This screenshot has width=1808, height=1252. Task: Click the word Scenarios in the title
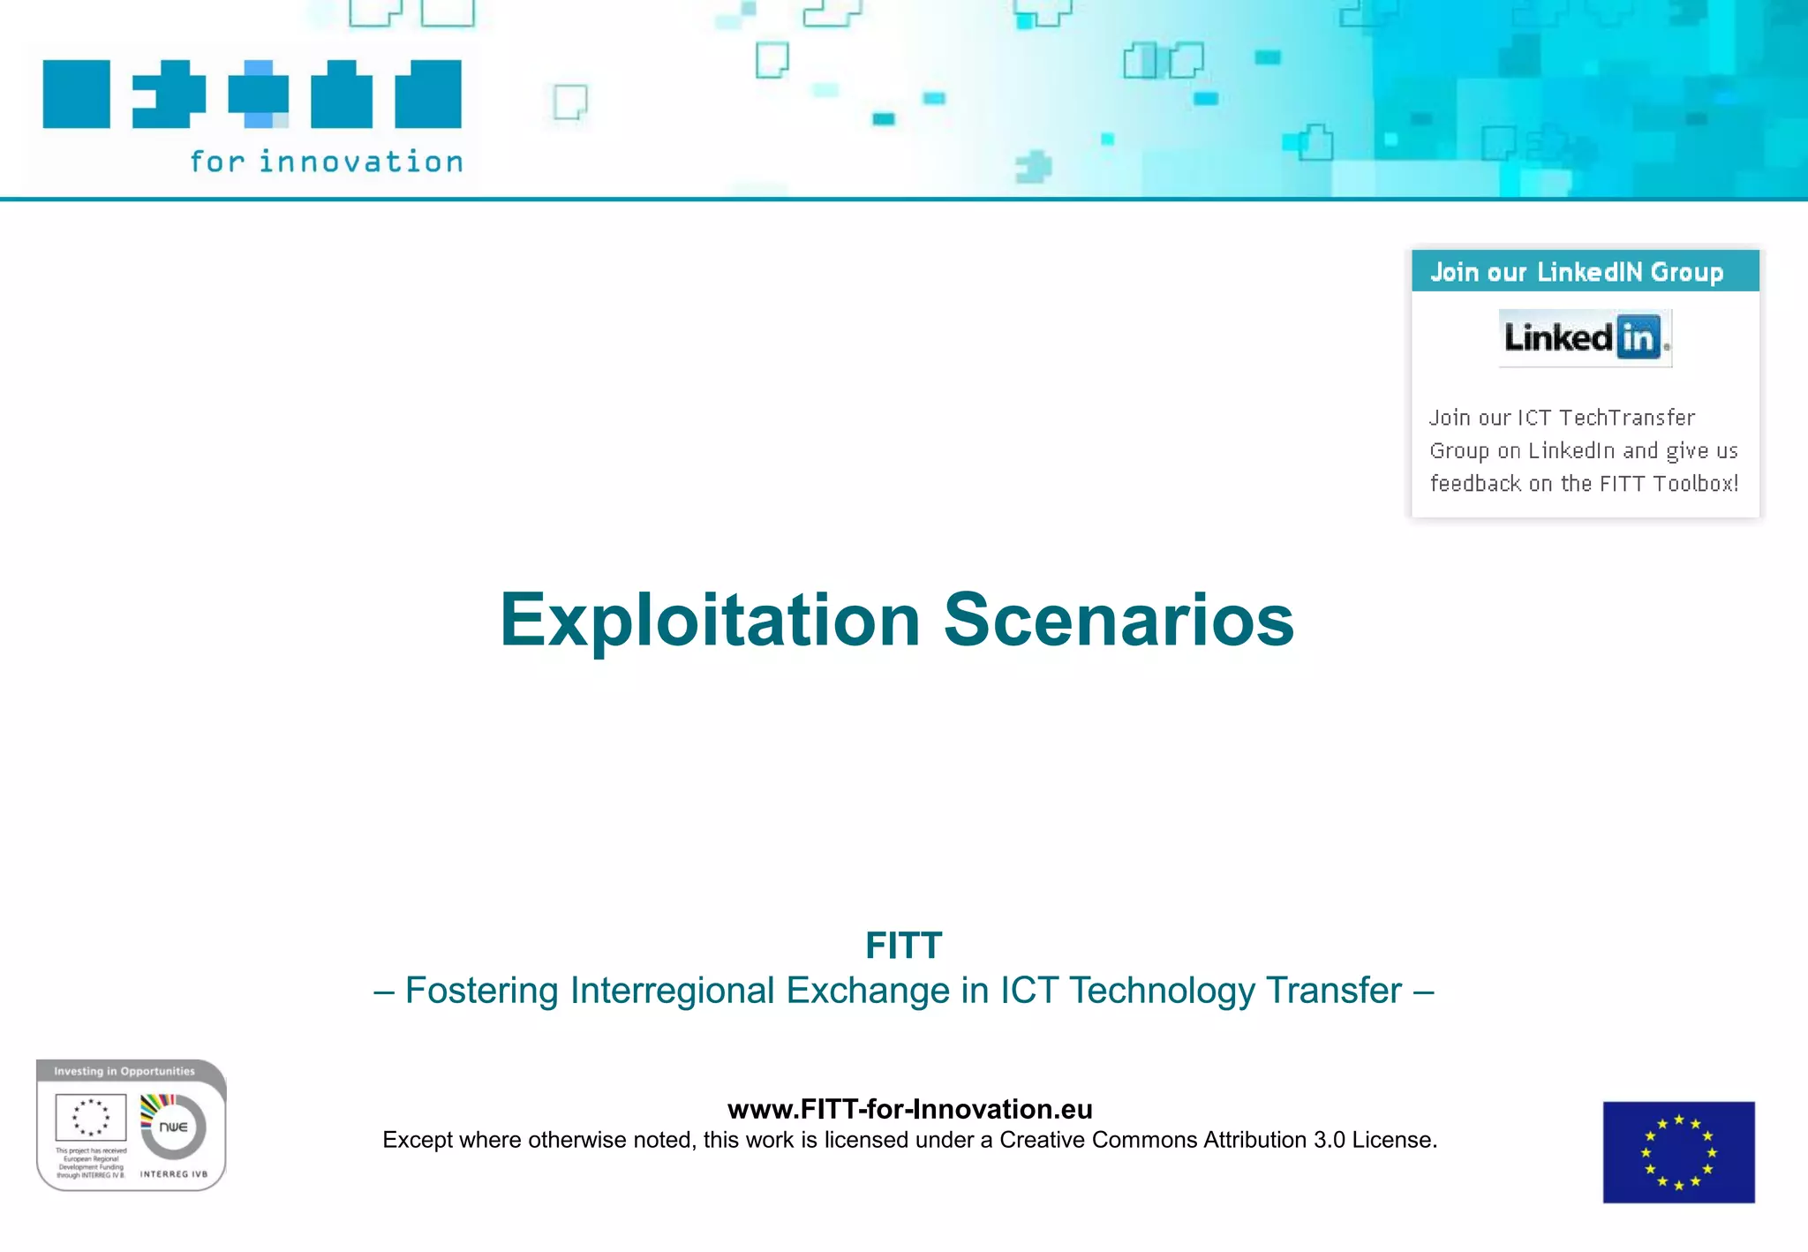(x=1119, y=621)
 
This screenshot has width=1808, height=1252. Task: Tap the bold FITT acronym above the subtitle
(x=903, y=946)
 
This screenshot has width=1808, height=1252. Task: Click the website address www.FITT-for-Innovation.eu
(x=909, y=1109)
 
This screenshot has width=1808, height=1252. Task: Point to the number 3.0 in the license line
(x=1329, y=1140)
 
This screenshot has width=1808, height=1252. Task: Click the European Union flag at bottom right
(x=1678, y=1151)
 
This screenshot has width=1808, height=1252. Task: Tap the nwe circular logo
(x=174, y=1127)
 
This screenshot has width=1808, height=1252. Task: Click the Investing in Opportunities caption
(x=124, y=1071)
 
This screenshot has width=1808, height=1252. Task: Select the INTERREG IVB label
(x=174, y=1174)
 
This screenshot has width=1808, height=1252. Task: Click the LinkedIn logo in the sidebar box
(x=1585, y=337)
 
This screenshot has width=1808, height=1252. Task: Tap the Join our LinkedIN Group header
(x=1577, y=272)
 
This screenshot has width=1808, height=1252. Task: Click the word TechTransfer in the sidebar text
(x=1627, y=418)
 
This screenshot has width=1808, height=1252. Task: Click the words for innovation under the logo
(x=326, y=162)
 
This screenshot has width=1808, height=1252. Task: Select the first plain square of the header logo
(x=77, y=94)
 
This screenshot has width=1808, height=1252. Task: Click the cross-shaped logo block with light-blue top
(x=258, y=94)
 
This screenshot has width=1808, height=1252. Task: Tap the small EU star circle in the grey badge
(x=90, y=1117)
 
